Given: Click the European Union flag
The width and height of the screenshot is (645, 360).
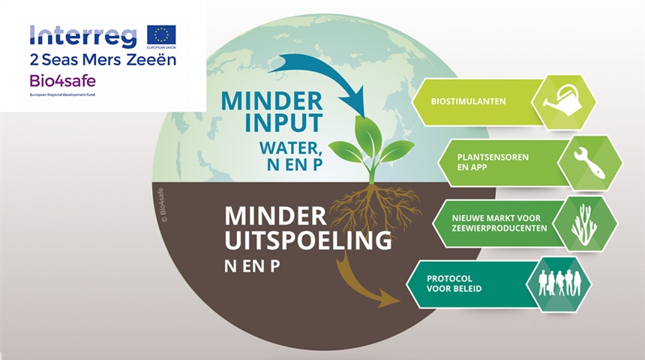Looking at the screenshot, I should pos(161,35).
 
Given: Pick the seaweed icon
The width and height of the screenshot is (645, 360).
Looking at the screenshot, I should pos(584,223).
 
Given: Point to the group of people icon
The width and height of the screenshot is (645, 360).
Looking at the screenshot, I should pos(559,282).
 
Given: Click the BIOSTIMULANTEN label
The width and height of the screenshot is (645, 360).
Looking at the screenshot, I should pos(469,101).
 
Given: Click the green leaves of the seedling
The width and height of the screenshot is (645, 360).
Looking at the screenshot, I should pos(370,142).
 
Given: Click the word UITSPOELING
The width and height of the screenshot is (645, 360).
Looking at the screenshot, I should pos(308,241).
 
